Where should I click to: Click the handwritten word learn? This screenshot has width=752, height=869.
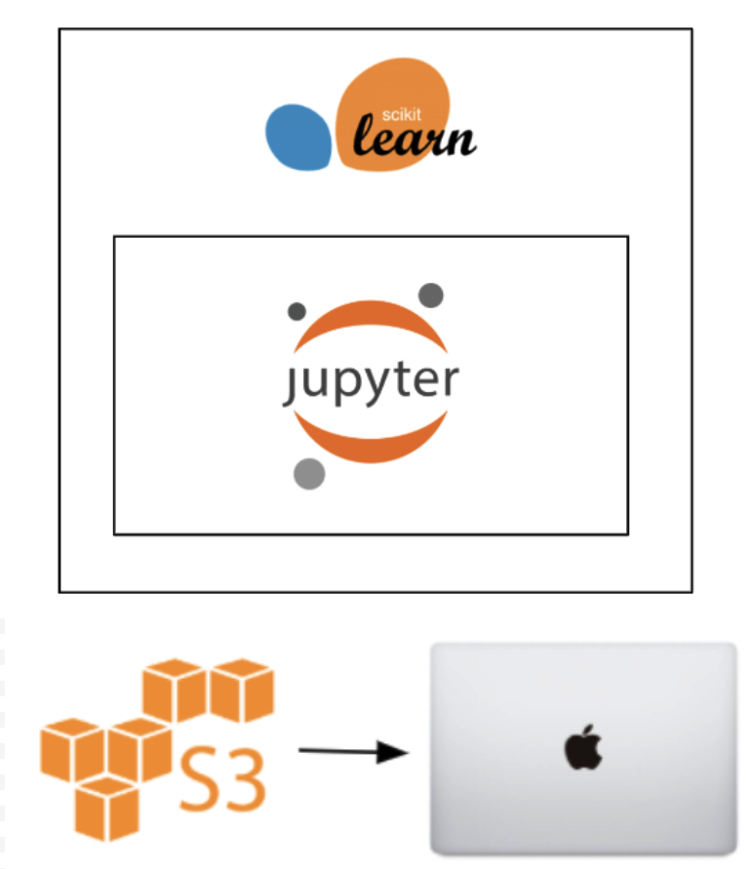pyautogui.click(x=414, y=139)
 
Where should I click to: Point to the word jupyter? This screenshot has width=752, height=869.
pyautogui.click(x=372, y=383)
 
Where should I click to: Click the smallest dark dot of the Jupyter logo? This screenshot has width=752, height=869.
pyautogui.click(x=297, y=312)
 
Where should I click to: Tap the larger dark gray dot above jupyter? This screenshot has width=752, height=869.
pyautogui.click(x=430, y=295)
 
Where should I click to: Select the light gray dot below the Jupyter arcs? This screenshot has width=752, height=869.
pyautogui.click(x=308, y=473)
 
